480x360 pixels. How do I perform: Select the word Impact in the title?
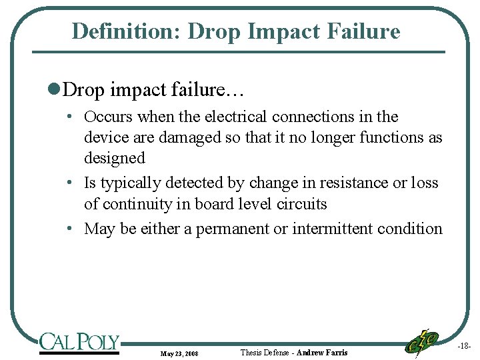click(276, 31)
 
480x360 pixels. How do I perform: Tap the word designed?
click(114, 159)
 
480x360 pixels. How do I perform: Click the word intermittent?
click(332, 229)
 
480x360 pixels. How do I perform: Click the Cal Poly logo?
click(79, 343)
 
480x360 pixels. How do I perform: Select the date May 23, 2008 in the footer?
click(179, 353)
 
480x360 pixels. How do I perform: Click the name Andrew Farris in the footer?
click(322, 352)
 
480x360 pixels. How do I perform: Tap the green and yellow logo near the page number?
click(422, 342)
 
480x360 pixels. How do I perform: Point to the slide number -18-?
click(464, 347)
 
